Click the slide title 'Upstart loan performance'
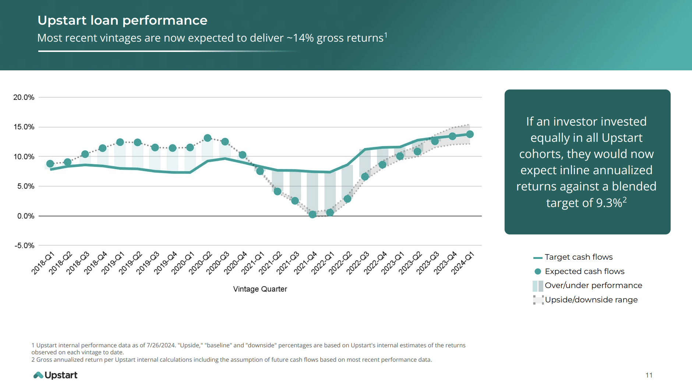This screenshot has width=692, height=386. pos(122,20)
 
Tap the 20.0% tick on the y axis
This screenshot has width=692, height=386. pos(24,97)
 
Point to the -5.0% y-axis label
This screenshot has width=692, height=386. pos(24,246)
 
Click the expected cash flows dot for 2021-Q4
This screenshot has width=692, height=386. pos(313,214)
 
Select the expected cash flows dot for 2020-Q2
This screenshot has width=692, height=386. pos(208,138)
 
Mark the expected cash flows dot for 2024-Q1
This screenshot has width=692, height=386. pos(470,134)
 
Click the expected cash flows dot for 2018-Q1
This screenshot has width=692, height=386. pos(50,164)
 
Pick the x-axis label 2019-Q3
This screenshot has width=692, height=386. pos(148,263)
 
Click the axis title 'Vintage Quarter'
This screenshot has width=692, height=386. pos(260,289)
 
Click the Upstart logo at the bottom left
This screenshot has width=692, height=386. pos(55,375)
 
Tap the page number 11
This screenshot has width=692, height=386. pos(649,375)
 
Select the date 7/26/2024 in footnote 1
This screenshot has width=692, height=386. pos(161,345)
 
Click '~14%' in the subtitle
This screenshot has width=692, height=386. pos(300,38)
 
